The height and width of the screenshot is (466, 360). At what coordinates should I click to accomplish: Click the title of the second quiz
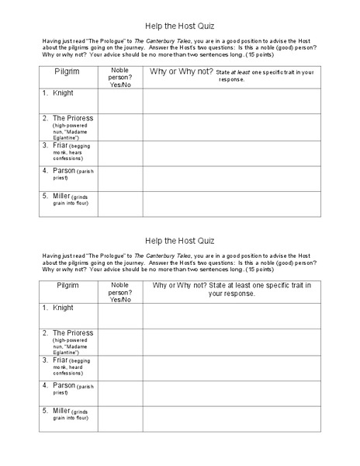point(181,240)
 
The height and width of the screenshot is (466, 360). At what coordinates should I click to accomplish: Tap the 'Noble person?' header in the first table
point(120,75)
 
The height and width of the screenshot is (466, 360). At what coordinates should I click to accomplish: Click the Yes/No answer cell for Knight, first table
point(120,100)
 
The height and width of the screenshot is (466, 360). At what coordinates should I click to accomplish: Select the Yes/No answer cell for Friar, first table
point(120,152)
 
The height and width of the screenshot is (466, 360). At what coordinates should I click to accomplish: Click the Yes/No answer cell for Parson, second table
point(120,393)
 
